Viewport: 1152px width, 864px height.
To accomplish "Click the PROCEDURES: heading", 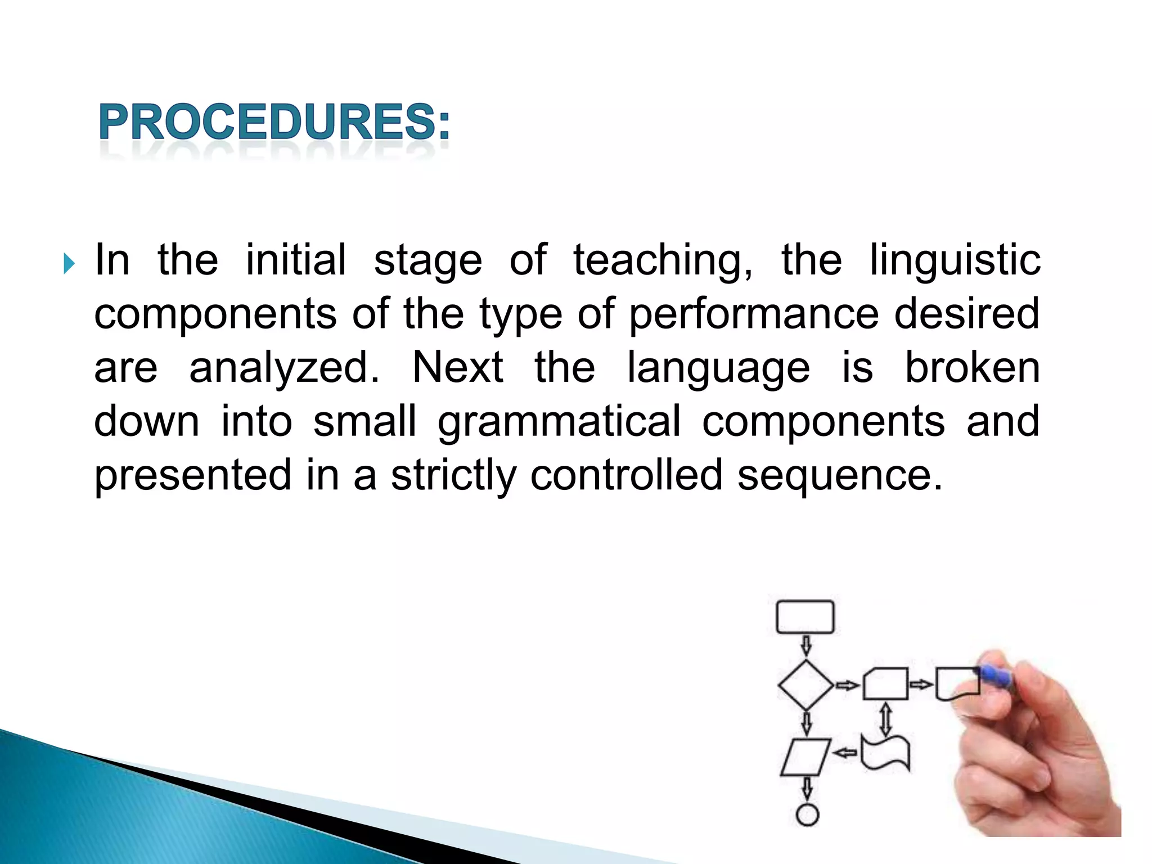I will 274,122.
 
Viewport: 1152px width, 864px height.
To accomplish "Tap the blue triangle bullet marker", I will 69,263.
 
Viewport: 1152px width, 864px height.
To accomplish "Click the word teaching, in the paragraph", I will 662,262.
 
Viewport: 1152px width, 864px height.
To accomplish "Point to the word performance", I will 753,315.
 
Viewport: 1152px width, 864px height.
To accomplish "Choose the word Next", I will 458,368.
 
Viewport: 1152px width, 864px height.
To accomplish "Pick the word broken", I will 972,368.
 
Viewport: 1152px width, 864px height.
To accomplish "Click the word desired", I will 966,314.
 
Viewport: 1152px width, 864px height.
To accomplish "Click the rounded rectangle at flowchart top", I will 805,617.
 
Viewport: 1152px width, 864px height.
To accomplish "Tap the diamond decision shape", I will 805,685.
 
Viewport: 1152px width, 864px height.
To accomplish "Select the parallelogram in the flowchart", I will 805,757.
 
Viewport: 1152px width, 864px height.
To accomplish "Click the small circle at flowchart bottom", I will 807,814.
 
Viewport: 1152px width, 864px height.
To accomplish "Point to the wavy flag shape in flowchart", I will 885,753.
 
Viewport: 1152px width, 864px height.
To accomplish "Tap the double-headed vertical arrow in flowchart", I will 885,718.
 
